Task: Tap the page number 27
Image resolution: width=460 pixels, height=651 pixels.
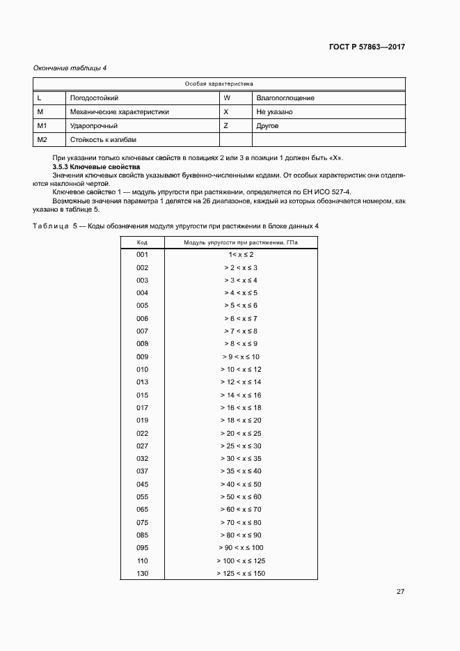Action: (400, 592)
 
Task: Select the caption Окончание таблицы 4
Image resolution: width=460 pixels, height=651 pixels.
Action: (70, 68)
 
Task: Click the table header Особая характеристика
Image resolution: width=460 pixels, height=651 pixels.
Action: (219, 84)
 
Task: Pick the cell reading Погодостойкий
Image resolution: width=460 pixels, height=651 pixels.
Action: (94, 98)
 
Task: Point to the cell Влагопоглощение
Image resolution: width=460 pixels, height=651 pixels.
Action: (285, 98)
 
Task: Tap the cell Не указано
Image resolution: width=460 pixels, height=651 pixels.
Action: (274, 112)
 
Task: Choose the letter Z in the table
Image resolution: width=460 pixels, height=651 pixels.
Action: (226, 126)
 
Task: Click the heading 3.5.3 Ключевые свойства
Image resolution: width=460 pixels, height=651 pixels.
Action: (97, 168)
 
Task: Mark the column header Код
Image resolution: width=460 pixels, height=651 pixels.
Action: (142, 242)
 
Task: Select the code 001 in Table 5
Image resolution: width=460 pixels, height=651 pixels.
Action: (143, 255)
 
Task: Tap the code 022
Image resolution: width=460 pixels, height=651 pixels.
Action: (143, 433)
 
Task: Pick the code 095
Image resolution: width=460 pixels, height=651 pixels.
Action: (143, 548)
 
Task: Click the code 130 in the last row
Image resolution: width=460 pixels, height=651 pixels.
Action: (143, 574)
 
